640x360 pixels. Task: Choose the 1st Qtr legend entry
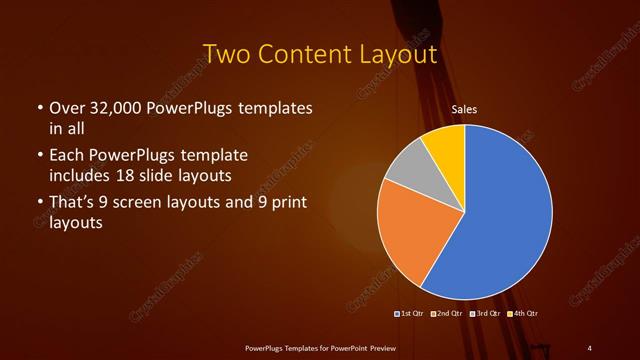tap(410, 314)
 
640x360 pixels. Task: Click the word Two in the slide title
tap(226, 53)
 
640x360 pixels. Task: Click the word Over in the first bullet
tap(66, 107)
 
